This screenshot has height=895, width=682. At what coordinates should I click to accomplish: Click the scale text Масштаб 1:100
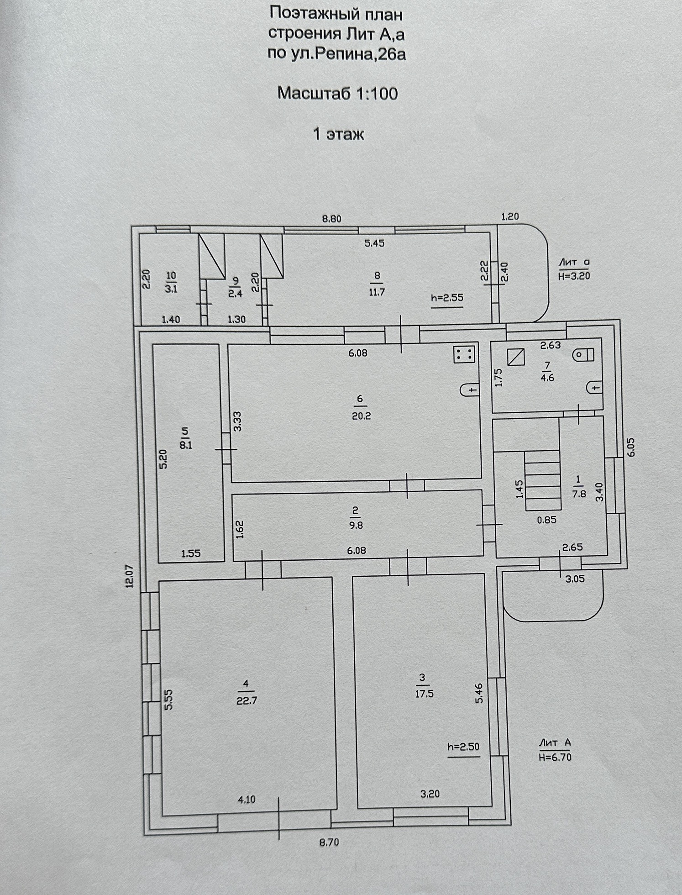pyautogui.click(x=337, y=94)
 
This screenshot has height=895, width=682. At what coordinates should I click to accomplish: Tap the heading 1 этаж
pyautogui.click(x=338, y=134)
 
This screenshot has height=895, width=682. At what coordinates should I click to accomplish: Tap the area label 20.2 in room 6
pyautogui.click(x=361, y=416)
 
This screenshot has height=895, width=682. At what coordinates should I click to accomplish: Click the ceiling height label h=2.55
pyautogui.click(x=447, y=298)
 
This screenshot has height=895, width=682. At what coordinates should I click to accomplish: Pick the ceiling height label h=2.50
pyautogui.click(x=463, y=747)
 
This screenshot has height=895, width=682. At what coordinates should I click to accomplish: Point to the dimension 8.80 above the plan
pyautogui.click(x=332, y=219)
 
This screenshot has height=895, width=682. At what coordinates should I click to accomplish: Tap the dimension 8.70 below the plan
pyautogui.click(x=329, y=841)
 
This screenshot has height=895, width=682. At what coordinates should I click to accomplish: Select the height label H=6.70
pyautogui.click(x=555, y=757)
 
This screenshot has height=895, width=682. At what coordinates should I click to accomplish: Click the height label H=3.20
pyautogui.click(x=574, y=276)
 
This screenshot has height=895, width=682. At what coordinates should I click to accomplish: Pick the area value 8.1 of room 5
pyautogui.click(x=186, y=445)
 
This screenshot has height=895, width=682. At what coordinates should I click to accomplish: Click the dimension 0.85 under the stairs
pyautogui.click(x=546, y=520)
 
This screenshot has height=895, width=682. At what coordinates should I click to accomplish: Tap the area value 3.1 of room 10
pyautogui.click(x=171, y=289)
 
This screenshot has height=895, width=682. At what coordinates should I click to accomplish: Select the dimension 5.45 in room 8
pyautogui.click(x=374, y=243)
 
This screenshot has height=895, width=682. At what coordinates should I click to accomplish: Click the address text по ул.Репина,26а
pyautogui.click(x=336, y=54)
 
